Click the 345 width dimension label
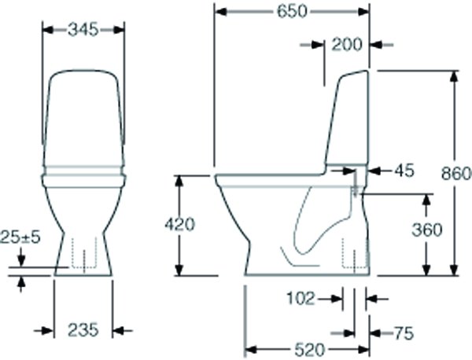[82, 29]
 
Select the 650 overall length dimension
[292, 11]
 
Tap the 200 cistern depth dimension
[346, 45]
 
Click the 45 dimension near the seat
[402, 170]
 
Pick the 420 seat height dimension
[179, 224]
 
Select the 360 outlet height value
[426, 230]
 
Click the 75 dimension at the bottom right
[402, 333]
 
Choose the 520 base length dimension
[308, 349]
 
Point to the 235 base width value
[83, 330]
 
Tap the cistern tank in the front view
[83, 118]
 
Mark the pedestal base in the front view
[83, 252]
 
